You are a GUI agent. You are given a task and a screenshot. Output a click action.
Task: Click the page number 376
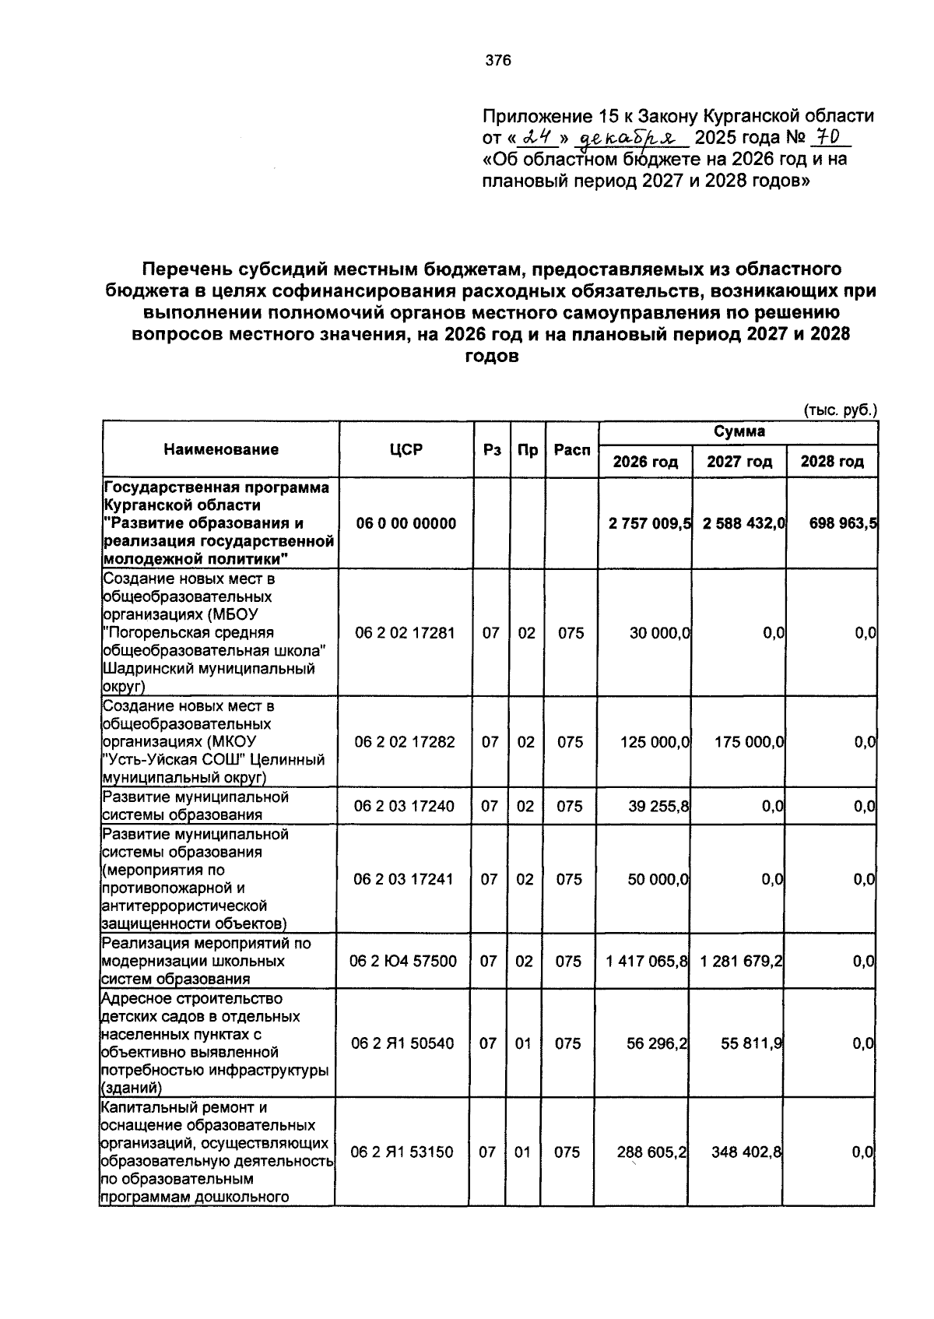click(x=498, y=60)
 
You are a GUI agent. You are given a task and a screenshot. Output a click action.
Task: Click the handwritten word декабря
click(x=630, y=139)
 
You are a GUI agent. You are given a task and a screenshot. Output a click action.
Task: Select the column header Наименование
click(x=221, y=449)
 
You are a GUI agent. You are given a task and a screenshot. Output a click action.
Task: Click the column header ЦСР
click(x=406, y=449)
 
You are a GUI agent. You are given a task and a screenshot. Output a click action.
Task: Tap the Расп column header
click(x=572, y=449)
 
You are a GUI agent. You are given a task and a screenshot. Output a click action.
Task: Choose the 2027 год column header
click(x=739, y=462)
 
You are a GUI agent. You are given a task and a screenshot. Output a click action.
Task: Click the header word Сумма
click(x=739, y=431)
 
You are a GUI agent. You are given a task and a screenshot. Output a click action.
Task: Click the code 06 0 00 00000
click(x=406, y=523)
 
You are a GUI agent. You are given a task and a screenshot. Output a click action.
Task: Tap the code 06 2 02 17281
click(x=405, y=633)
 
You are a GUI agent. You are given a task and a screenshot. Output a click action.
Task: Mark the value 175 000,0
click(x=749, y=742)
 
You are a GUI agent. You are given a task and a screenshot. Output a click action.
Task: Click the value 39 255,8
click(x=658, y=806)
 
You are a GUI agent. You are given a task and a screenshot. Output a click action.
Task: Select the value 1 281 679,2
click(x=741, y=962)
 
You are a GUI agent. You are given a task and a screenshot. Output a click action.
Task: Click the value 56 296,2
click(x=657, y=1043)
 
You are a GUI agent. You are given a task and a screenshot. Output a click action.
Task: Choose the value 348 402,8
click(x=746, y=1152)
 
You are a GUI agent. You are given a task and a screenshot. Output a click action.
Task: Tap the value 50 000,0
click(x=658, y=879)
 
